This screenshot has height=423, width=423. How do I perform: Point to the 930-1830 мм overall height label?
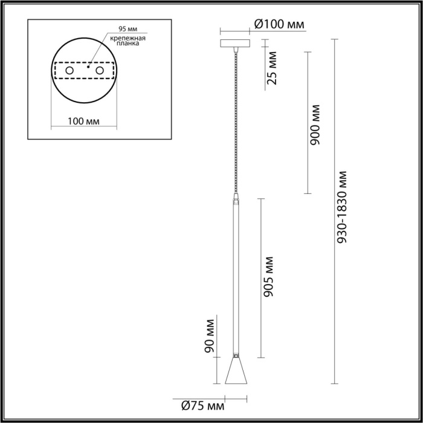(x=343, y=205)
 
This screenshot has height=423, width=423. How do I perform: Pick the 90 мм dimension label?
(x=210, y=337)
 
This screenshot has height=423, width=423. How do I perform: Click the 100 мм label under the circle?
(x=84, y=121)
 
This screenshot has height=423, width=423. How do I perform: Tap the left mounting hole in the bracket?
(x=69, y=71)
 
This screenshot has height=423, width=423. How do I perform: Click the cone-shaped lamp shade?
(x=236, y=370)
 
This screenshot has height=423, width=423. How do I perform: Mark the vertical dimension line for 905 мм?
(x=260, y=278)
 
